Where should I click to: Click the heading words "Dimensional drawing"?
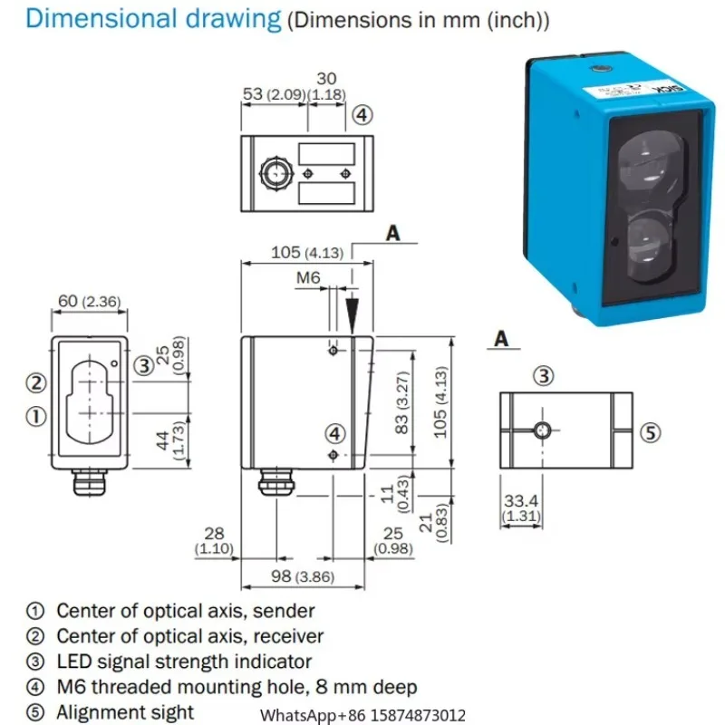pos(153,19)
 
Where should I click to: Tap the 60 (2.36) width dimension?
pos(88,302)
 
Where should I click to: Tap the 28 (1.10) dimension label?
pos(214,541)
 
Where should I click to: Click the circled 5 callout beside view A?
pos(648,431)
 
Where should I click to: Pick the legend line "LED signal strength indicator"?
pos(183,662)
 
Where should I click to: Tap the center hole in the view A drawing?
pos(544,429)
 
